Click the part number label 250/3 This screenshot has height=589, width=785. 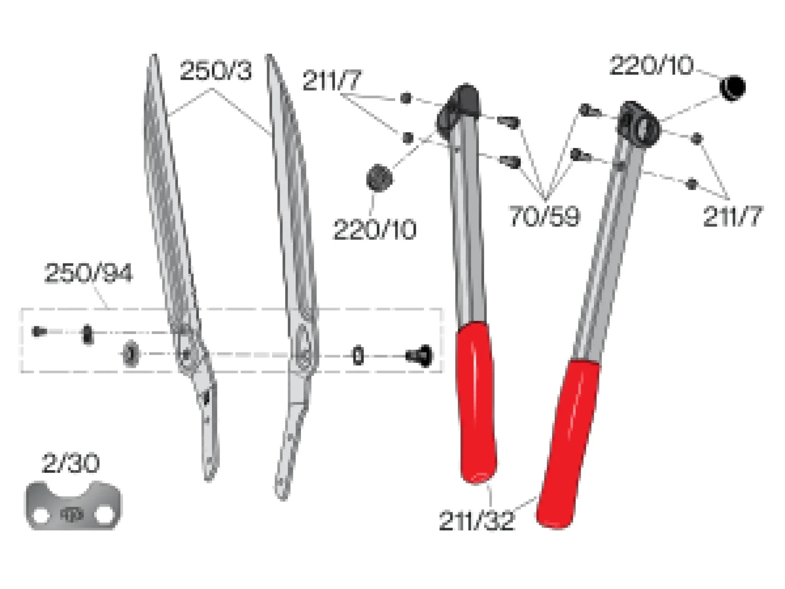click(x=216, y=71)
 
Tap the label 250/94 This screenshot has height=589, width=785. click(x=88, y=273)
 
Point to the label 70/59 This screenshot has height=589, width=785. click(x=545, y=216)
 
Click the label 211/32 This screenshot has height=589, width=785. click(x=476, y=521)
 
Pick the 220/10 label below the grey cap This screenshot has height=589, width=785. click(x=375, y=230)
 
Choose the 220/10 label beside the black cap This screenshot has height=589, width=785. click(x=651, y=65)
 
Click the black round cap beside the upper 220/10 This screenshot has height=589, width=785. click(x=733, y=88)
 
